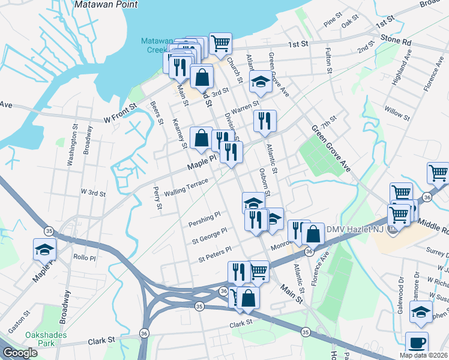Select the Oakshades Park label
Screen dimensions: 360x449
(x=30, y=340)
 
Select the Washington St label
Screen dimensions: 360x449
(x=73, y=145)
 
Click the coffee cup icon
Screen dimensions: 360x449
(x=417, y=343)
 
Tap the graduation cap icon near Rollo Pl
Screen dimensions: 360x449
(x=45, y=248)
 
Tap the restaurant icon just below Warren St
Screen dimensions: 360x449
(x=264, y=121)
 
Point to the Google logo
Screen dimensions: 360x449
(x=20, y=353)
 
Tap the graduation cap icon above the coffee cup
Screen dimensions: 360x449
(x=420, y=311)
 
